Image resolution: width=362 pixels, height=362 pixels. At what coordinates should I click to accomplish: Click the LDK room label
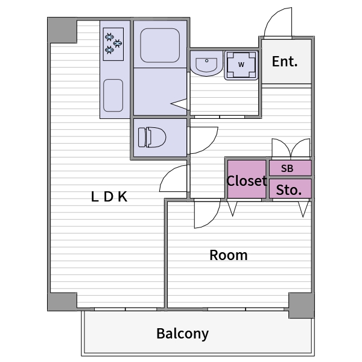(x=109, y=197)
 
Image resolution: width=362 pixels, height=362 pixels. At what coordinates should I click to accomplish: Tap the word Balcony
(x=182, y=334)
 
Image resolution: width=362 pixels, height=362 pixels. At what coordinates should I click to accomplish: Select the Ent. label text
(x=285, y=62)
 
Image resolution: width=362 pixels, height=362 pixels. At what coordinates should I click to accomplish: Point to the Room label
(x=228, y=255)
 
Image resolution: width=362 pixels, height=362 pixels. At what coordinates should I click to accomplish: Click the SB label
(x=287, y=168)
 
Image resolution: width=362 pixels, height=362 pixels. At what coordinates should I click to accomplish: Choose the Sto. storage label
(x=289, y=190)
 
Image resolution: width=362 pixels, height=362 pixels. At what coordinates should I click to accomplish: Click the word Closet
(x=247, y=180)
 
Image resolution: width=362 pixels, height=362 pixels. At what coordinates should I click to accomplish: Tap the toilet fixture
(x=152, y=137)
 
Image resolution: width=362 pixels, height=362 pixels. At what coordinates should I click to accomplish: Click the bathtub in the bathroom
(x=160, y=45)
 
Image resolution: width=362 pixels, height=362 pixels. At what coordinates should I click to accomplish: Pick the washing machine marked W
(x=241, y=65)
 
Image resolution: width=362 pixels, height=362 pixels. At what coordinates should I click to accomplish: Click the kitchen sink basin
(x=113, y=95)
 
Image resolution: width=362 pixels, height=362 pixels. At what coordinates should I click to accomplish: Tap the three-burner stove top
(x=113, y=44)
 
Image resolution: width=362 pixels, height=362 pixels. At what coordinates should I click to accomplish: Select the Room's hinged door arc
(x=212, y=220)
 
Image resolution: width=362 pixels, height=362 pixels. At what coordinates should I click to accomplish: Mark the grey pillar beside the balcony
(x=301, y=305)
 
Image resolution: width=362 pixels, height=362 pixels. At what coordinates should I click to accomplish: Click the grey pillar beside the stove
(x=62, y=30)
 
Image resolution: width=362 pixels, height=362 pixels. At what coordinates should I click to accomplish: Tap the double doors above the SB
(x=291, y=148)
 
